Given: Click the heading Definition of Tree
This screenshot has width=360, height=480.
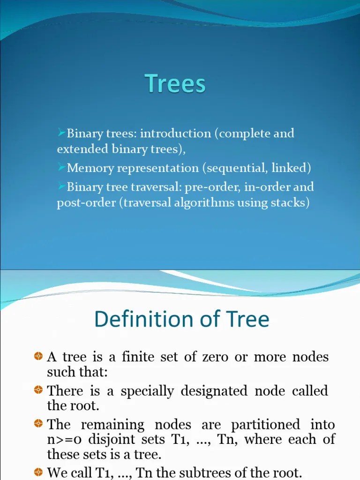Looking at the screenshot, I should point(182,319).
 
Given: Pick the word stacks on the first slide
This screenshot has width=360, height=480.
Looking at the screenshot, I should point(291,203).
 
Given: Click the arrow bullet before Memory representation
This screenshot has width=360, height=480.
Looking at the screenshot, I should point(61,166).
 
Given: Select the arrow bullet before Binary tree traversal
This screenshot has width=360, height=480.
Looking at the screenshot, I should point(61,186).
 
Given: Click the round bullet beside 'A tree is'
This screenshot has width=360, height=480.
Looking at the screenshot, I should point(39,357).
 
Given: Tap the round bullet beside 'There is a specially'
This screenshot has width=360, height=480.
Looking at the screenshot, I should point(39,390).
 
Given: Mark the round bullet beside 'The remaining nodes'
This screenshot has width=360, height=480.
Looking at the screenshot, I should point(39,424).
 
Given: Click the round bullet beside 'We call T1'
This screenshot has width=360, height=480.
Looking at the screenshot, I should point(39,472).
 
